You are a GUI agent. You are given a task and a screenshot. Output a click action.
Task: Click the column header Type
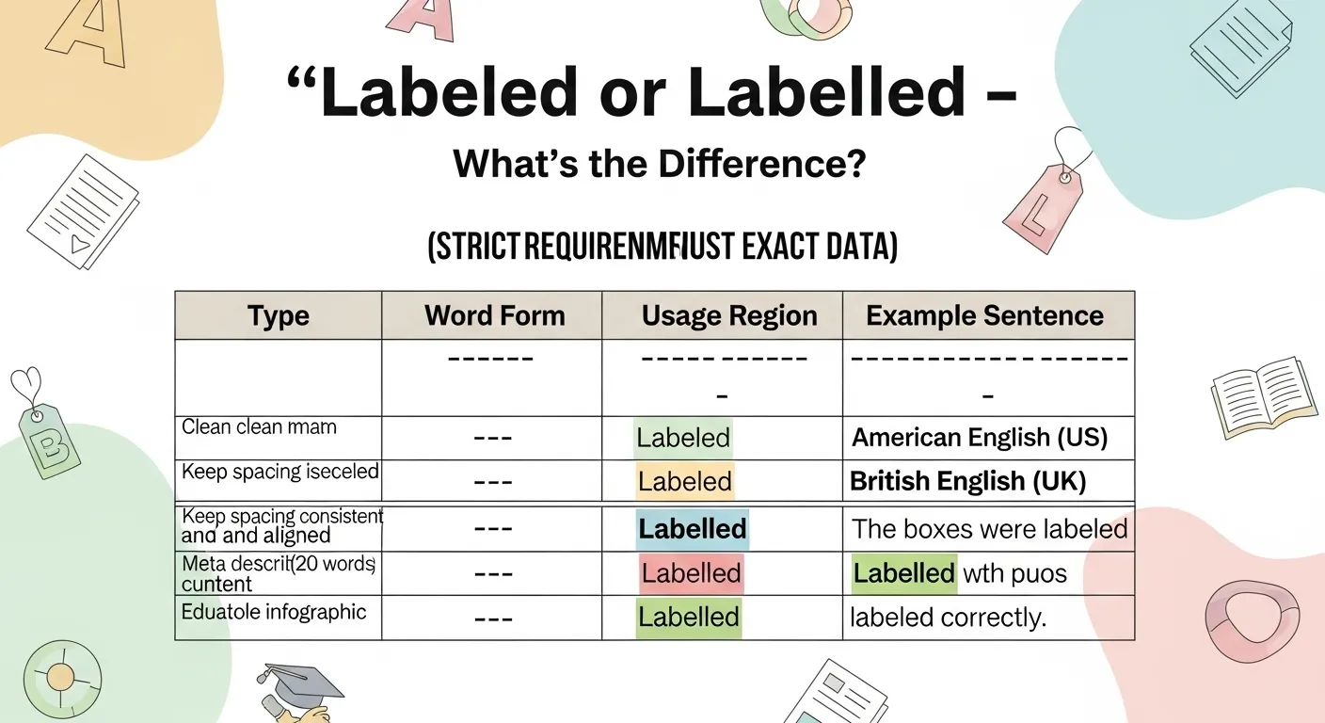[278, 316]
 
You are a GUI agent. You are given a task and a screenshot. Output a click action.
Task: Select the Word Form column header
[494, 315]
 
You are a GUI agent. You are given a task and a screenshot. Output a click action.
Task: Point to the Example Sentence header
[984, 315]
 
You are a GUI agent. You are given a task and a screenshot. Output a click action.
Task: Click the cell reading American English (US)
[979, 438]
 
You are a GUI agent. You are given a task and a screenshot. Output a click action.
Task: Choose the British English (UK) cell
[967, 482]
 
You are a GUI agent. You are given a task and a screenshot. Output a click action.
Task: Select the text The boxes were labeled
[989, 529]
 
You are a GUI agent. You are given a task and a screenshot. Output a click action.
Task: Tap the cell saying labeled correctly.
[948, 619]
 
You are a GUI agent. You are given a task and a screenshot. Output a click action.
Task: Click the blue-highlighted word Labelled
[692, 529]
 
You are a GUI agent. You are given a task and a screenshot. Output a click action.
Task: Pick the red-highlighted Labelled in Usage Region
[692, 573]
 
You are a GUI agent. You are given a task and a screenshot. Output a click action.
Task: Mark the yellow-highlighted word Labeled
[684, 482]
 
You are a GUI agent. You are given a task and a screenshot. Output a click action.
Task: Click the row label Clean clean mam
[259, 427]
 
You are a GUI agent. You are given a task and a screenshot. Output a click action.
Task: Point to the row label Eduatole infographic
[273, 612]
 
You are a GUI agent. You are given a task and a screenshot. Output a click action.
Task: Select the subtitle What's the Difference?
[660, 165]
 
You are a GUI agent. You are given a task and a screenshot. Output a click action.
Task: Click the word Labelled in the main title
[827, 94]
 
